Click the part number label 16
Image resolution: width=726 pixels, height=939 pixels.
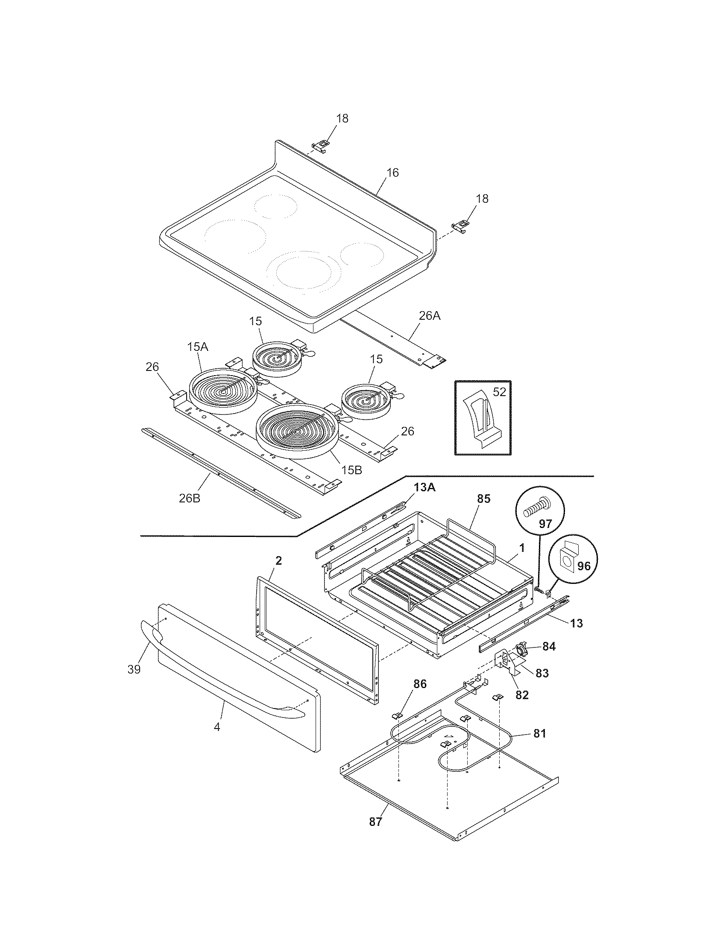[392, 172]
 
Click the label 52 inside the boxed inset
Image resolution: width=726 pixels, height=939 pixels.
[499, 392]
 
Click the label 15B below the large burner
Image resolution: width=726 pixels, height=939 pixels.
[351, 470]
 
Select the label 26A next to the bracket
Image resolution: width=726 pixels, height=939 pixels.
[430, 316]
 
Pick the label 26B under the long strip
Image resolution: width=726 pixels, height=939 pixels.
[190, 498]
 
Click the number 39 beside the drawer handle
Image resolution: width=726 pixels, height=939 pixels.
[134, 669]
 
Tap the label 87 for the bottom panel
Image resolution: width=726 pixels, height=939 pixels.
[375, 822]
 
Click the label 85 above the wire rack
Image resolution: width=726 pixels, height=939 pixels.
[483, 499]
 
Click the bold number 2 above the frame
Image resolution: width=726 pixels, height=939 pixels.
[278, 560]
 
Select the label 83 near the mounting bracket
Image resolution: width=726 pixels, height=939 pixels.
[542, 673]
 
